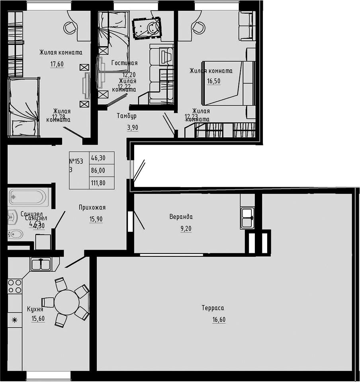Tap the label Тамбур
pos(127,116)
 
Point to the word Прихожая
pos(92,207)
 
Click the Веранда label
pos(181,217)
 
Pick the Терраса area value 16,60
pos(219,319)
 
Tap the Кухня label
pos(35,309)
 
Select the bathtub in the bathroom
pos(29,197)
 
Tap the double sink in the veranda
pos(247,218)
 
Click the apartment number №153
pos(76,161)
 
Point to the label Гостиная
pos(124,63)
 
